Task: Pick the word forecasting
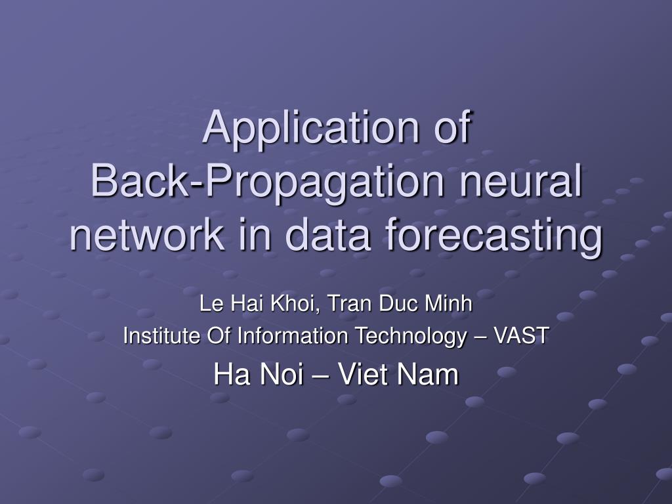click(494, 237)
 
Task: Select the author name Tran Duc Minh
click(400, 303)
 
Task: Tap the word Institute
click(162, 335)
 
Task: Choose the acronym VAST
click(521, 335)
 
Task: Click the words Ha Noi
click(259, 374)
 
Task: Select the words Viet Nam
click(398, 374)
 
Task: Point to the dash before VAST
click(480, 337)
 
